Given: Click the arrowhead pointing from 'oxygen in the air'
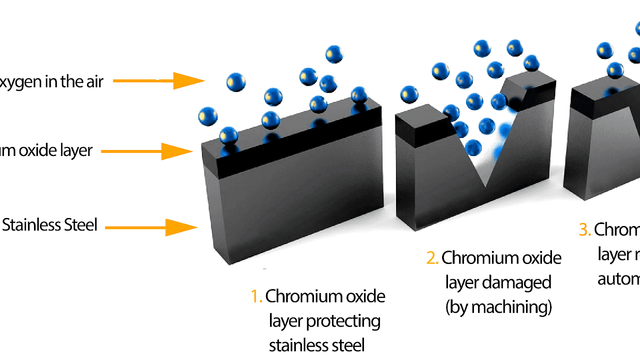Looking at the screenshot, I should [188, 81].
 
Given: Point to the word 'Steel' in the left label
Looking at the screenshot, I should [80, 225].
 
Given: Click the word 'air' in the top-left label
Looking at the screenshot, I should [95, 82].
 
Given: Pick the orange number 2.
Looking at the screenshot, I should [432, 258].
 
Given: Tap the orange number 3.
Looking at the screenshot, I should [584, 230].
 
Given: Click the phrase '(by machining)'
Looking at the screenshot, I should [498, 307].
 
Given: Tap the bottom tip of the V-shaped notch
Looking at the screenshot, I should [485, 186].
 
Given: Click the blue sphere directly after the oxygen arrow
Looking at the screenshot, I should [236, 82].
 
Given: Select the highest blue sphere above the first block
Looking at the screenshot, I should [334, 54].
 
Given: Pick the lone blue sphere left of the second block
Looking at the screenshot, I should [409, 95].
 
